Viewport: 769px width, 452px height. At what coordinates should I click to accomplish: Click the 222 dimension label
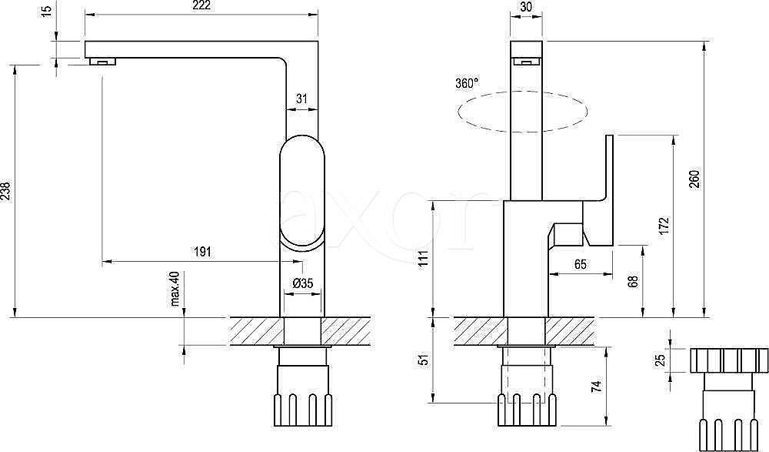[x=201, y=5]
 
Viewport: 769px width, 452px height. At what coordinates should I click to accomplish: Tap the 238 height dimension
[x=5, y=191]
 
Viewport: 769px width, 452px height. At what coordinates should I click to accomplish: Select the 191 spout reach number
[x=202, y=252]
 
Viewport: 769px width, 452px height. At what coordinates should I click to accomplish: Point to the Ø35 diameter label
[x=302, y=283]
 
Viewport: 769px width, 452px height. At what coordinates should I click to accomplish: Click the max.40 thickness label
[x=177, y=289]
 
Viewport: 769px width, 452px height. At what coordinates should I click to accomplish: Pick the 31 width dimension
[x=301, y=99]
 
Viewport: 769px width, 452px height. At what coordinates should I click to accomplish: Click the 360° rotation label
[x=467, y=83]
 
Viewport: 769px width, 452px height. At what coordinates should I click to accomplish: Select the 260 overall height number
[x=694, y=179]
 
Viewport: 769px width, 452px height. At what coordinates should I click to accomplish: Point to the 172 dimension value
[x=664, y=226]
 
